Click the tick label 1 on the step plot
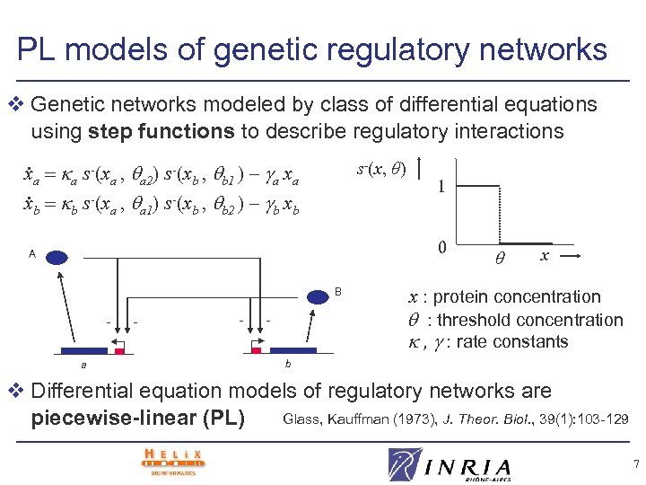(441, 188)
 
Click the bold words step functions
(161, 131)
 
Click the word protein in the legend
(462, 297)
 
